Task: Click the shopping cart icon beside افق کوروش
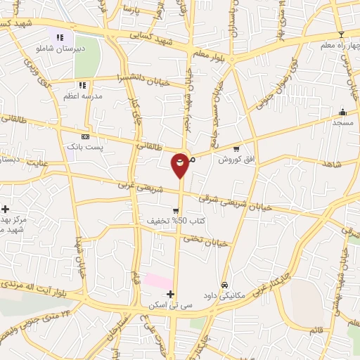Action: (236, 149)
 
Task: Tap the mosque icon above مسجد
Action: (342, 112)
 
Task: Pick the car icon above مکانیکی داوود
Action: (224, 285)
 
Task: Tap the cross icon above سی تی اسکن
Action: (170, 293)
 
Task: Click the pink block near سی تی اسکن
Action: (158, 281)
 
